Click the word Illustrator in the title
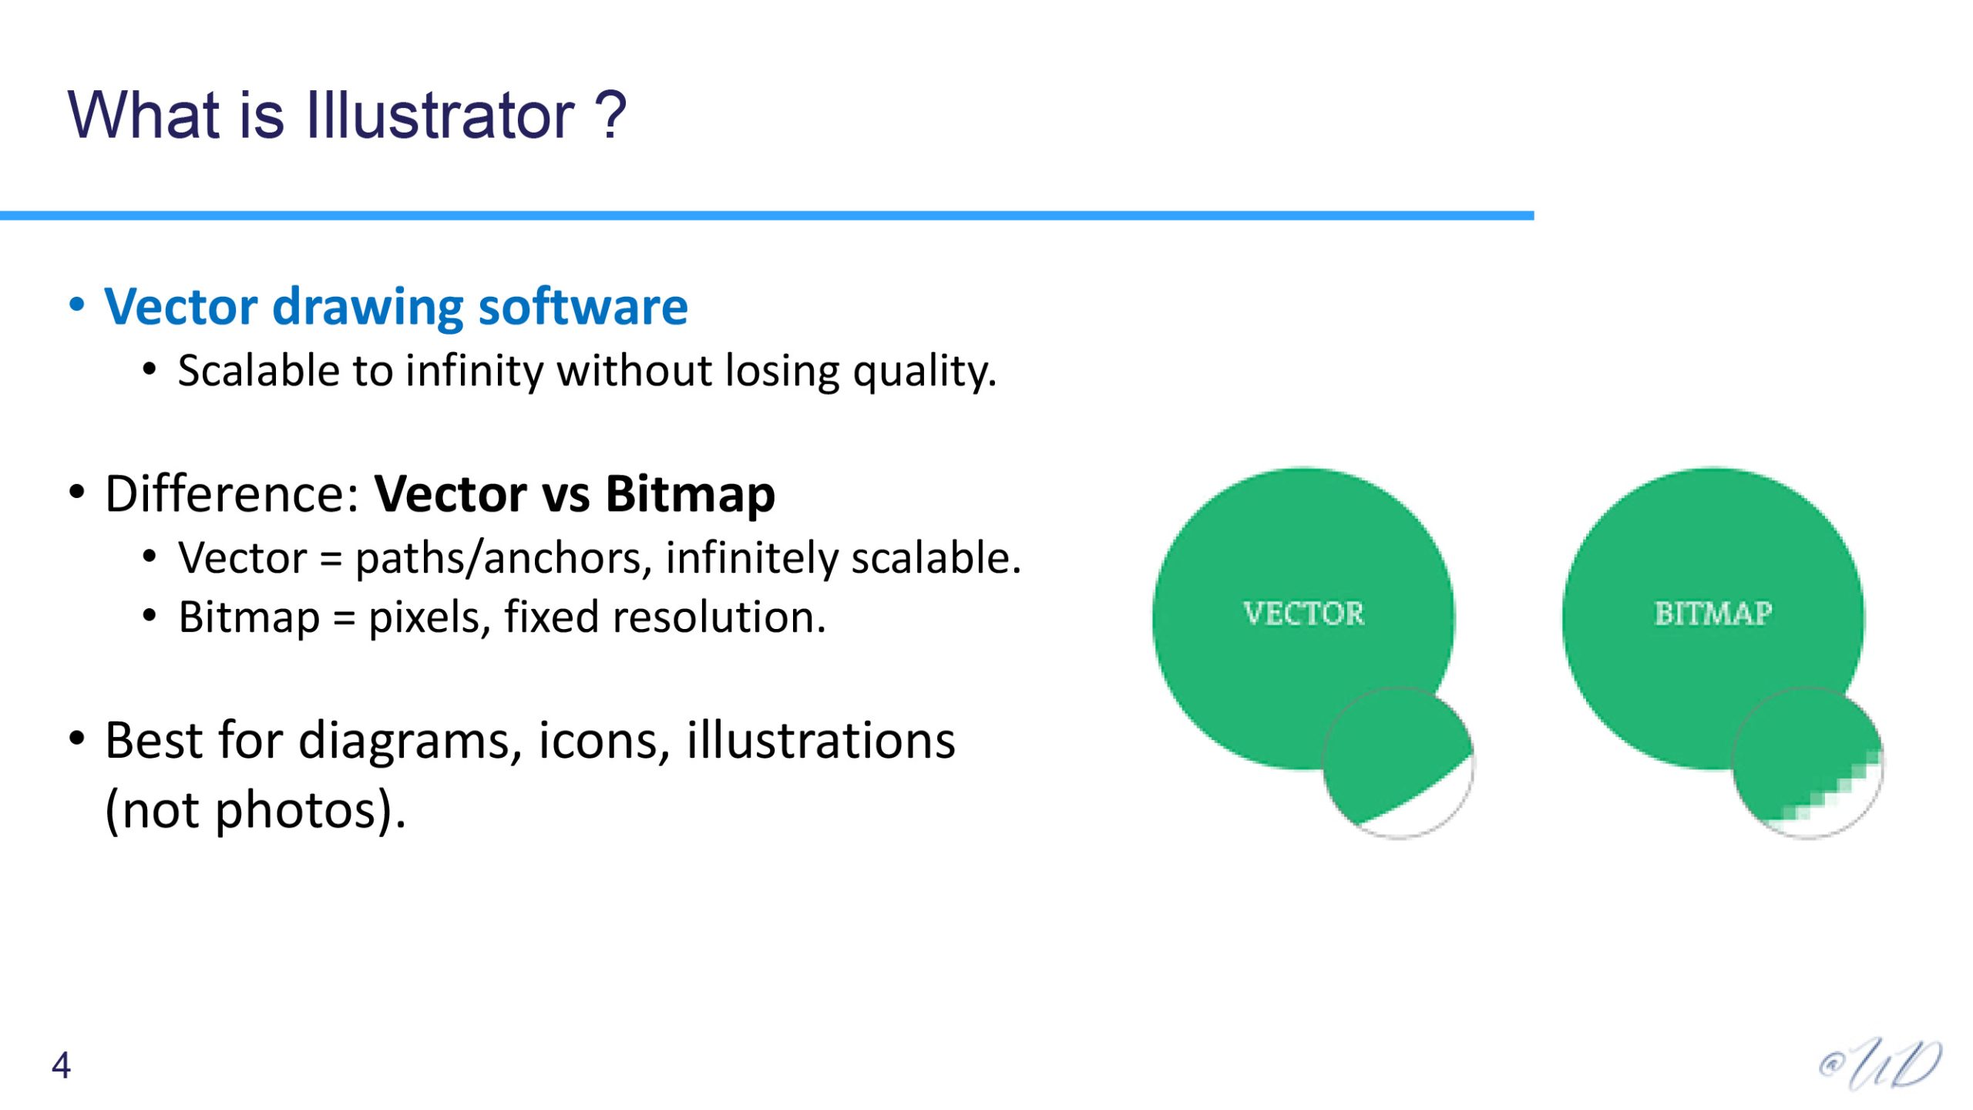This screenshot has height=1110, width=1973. tap(440, 115)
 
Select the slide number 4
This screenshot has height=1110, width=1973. tap(62, 1065)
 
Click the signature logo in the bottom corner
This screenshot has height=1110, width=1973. tap(1881, 1065)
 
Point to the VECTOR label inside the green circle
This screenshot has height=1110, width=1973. tap(1303, 614)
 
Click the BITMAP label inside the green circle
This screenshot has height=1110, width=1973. tap(1713, 614)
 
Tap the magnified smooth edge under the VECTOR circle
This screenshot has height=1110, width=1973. tap(1398, 762)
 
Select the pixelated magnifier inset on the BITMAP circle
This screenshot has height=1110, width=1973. tap(1807, 762)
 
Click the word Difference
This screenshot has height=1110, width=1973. tap(232, 493)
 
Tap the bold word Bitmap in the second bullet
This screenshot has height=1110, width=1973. tap(690, 494)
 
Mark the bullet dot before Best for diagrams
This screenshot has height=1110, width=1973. tap(76, 738)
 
